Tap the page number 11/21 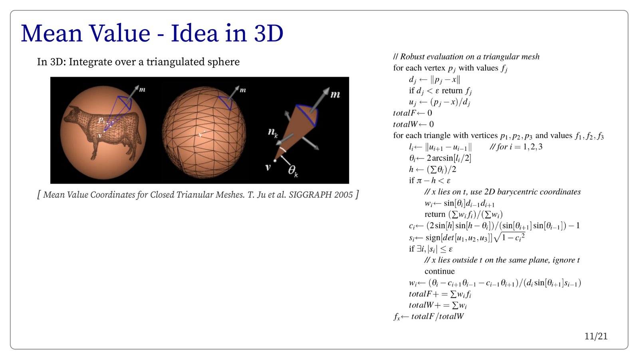[596, 336]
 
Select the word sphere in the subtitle [223, 62]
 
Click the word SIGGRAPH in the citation [310, 195]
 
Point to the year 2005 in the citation [343, 195]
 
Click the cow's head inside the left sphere [72, 114]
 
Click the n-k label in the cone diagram [272, 133]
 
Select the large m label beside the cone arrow [335, 94]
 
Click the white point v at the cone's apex [275, 161]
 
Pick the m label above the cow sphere [142, 90]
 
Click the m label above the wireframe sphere [242, 90]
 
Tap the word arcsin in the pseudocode [445, 158]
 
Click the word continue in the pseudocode [439, 271]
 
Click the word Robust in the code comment [412, 57]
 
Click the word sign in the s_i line [433, 238]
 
